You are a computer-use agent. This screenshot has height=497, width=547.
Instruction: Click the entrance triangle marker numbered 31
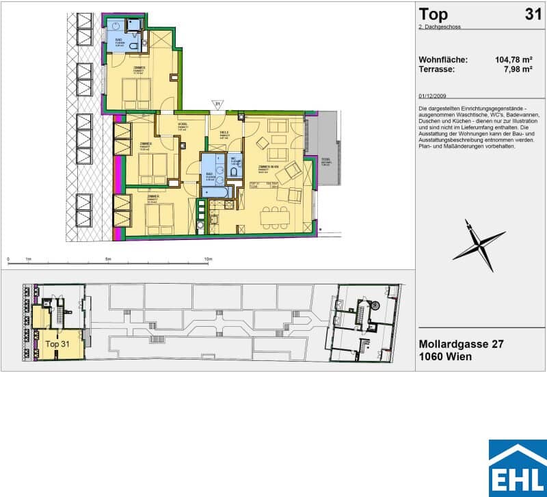[217, 105]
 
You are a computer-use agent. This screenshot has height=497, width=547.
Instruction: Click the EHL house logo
[517, 468]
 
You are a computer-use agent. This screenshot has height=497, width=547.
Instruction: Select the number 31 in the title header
[533, 14]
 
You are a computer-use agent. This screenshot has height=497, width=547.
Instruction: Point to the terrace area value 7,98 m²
[518, 69]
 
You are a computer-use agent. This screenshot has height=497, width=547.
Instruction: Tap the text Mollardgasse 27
[461, 345]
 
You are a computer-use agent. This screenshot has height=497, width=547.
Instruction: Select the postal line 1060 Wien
[446, 358]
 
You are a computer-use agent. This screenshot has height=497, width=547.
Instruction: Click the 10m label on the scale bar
[209, 260]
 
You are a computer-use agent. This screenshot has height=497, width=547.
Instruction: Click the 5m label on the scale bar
[109, 260]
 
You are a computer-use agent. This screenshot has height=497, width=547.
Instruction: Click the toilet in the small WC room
[234, 172]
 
